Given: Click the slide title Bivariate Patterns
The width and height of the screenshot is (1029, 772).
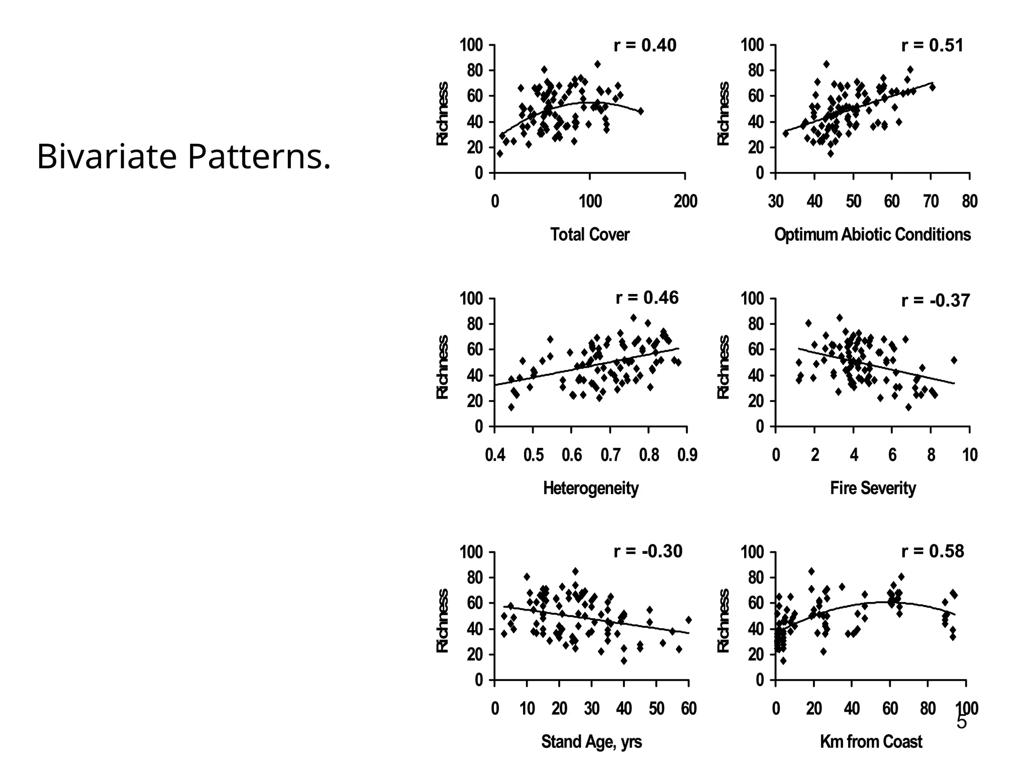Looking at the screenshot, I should point(184,157).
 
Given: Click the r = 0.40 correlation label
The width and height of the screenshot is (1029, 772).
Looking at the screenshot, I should point(645,46).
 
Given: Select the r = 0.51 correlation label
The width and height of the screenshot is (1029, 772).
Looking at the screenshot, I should point(932,46).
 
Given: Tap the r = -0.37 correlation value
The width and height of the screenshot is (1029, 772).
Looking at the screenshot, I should point(935,301).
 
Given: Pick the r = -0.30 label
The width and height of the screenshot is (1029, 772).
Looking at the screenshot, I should point(648,551).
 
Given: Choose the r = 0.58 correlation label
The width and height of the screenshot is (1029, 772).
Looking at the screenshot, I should point(932,551).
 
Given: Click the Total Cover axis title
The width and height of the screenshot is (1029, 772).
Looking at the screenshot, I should point(589,234).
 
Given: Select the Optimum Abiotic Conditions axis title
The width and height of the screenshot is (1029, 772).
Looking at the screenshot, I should point(872,234).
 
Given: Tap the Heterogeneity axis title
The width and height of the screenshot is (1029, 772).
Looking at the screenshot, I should point(590,488).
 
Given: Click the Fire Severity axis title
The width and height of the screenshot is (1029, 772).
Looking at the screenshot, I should point(873,488).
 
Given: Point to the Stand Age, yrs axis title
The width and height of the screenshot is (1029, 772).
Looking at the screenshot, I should point(591,742).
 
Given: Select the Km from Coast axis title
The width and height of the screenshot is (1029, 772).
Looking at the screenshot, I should point(871,742).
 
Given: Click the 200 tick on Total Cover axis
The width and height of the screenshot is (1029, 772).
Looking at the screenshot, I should point(685,202).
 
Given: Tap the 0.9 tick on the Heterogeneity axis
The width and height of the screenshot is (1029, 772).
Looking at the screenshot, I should point(687,455).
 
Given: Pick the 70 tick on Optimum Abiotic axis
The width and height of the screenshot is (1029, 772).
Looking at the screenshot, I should point(931,202).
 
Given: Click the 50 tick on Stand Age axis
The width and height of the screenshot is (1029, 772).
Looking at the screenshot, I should point(656,709).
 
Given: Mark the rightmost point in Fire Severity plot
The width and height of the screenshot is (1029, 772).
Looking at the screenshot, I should point(954,360).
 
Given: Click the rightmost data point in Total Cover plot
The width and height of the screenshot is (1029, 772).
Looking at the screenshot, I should point(640,111).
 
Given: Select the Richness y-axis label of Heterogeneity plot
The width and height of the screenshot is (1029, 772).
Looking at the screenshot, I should point(442,367).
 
